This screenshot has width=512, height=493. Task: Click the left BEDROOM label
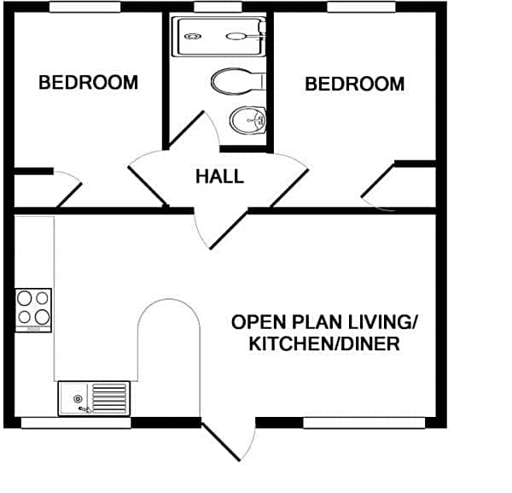[x=88, y=83]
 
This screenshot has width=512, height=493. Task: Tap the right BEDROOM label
[x=354, y=84]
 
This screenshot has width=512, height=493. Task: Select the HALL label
[x=219, y=177]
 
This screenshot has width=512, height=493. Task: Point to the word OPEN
[x=258, y=322]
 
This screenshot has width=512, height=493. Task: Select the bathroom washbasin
[x=247, y=120]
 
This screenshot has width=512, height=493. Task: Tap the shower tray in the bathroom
[x=219, y=37]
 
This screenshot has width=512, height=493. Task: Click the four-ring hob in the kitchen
[x=33, y=308]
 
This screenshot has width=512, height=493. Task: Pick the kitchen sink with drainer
[x=94, y=398]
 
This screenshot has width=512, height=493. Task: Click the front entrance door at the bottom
[x=228, y=442]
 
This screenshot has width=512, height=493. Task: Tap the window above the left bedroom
[x=84, y=7]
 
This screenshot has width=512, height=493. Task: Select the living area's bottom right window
[x=364, y=422]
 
